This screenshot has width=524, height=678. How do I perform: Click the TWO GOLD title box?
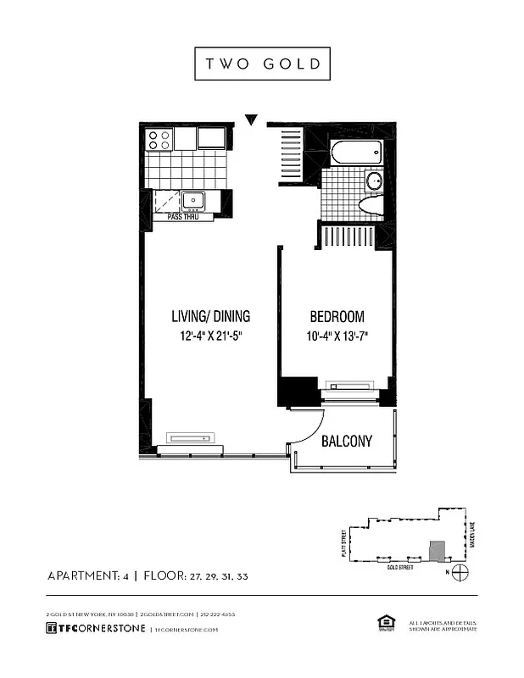pos(262,64)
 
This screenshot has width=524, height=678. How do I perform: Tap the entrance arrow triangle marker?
pos(251,120)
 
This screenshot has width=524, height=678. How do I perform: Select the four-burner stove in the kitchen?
pos(159,139)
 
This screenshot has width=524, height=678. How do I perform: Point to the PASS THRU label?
pos(183,217)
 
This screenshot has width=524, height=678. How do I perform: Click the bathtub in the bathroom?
pos(355,153)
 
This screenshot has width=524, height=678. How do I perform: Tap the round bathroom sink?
pos(374,181)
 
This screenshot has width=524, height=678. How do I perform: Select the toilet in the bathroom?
pos(370,205)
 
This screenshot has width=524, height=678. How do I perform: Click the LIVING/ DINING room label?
pos(210,317)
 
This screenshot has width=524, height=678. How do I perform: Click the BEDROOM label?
pos(337,317)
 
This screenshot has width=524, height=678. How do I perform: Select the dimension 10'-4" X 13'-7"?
pos(337,336)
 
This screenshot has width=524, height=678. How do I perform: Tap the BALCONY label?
pos(346,442)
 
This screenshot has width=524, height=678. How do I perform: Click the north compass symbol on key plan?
pos(460,572)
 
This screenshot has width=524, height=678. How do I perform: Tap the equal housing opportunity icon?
pos(382,625)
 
